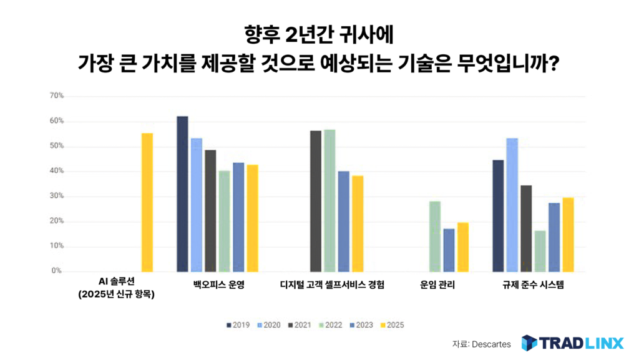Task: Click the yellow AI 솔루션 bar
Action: pos(147,203)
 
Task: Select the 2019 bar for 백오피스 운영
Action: pos(182,194)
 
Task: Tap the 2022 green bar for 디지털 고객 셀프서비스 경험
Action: pos(329,200)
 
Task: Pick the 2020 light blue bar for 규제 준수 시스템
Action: pos(512,205)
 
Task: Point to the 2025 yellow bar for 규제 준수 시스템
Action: pos(567,235)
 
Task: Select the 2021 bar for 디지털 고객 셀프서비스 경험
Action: pos(316,201)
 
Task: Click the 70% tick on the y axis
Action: pos(57,96)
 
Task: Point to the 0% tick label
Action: pos(56,271)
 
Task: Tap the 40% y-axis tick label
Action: pos(57,171)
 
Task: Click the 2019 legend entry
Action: pos(238,325)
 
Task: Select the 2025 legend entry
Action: pos(393,325)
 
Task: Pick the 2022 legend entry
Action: pos(331,325)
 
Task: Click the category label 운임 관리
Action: pos(438,285)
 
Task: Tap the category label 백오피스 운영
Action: pos(218,285)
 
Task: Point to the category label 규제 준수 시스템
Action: pos(533,285)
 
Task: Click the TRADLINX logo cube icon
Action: pos(529,344)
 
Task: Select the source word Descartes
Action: pos(491,344)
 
